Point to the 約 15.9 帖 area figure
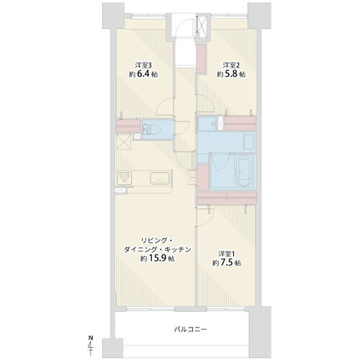click(x=158, y=258)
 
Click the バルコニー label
click(x=190, y=329)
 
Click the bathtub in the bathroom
click(x=244, y=171)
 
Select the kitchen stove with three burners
click(x=125, y=179)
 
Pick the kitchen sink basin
click(x=160, y=179)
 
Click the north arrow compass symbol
click(x=91, y=346)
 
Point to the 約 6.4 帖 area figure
click(x=143, y=74)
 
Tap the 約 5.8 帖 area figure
click(x=231, y=74)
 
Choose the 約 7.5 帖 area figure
click(x=227, y=263)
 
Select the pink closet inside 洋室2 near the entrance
click(x=201, y=58)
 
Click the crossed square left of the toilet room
click(x=124, y=142)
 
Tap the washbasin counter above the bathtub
click(x=249, y=143)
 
